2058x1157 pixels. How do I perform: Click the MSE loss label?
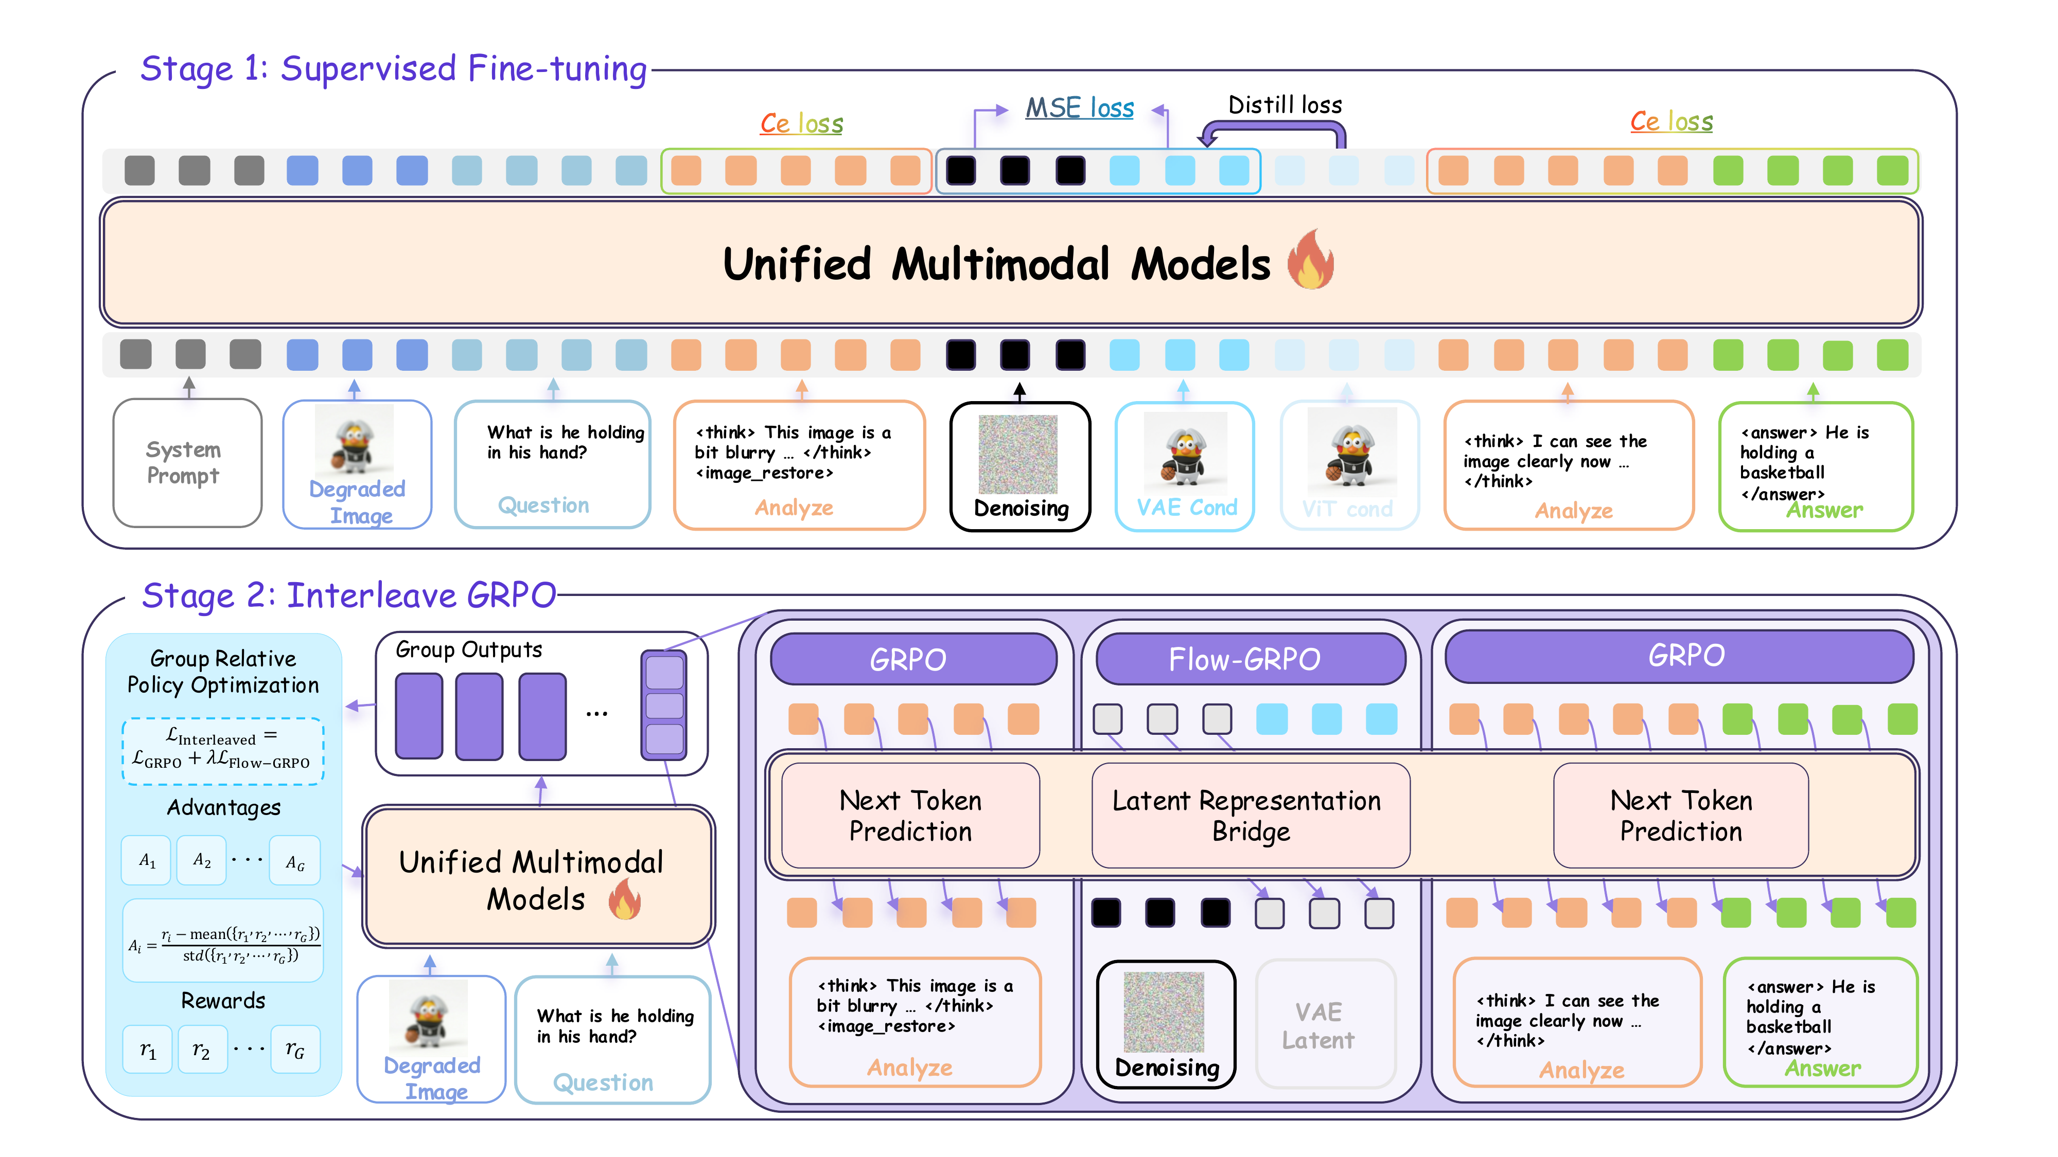[1079, 108]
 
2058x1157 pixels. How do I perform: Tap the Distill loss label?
[1285, 104]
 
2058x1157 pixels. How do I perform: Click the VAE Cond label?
[1186, 508]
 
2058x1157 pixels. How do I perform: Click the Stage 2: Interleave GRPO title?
[349, 595]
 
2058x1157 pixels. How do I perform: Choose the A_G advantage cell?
[295, 861]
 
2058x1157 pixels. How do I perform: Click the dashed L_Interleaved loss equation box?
[223, 751]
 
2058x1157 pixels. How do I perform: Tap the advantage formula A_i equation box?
[223, 942]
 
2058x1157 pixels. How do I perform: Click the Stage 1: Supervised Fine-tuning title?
[393, 69]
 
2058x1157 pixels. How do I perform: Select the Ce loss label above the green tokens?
[1672, 121]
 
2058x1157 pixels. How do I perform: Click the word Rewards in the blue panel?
[223, 1001]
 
